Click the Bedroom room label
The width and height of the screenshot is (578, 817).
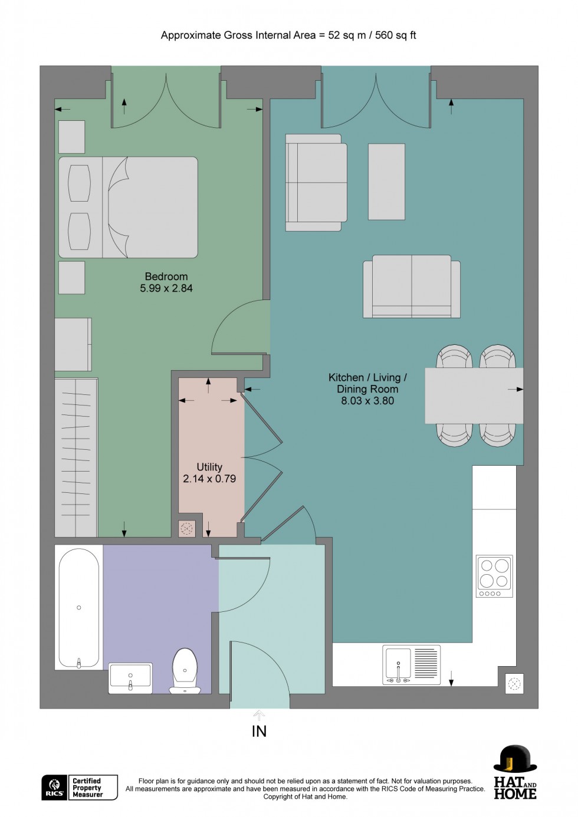click(x=166, y=276)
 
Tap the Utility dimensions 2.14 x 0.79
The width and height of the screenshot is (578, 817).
click(x=209, y=479)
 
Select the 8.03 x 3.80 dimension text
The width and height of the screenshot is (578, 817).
click(x=367, y=401)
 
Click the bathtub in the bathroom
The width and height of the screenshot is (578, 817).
click(x=79, y=607)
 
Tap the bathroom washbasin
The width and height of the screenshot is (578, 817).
click(x=130, y=677)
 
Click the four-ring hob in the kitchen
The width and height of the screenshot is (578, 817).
click(x=494, y=575)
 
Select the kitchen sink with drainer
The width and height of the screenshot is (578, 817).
click(x=412, y=664)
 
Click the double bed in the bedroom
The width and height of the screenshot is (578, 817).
click(x=128, y=207)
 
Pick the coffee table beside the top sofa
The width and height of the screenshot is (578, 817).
click(x=386, y=182)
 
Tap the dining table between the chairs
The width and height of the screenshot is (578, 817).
click(x=474, y=396)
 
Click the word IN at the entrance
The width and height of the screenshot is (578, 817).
click(x=259, y=732)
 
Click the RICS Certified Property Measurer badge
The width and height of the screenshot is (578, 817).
click(x=80, y=788)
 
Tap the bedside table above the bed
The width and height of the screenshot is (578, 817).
click(x=71, y=137)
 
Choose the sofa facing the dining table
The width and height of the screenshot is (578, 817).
click(x=411, y=286)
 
